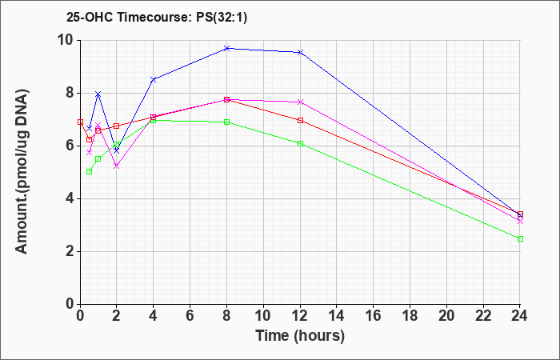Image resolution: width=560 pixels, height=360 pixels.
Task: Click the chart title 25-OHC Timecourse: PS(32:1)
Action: (x=157, y=18)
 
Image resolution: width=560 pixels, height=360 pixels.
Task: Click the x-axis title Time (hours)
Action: (x=300, y=336)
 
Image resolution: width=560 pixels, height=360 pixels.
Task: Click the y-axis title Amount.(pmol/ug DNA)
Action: (x=22, y=171)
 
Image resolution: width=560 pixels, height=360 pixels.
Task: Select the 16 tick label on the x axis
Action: (x=374, y=316)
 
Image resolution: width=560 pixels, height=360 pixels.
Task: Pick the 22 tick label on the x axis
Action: (x=483, y=316)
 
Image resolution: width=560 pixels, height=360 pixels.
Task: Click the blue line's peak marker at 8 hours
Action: (x=226, y=48)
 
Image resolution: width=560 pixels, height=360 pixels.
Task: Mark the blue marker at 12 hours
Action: (x=300, y=53)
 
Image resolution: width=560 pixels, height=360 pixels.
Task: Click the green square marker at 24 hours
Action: (x=520, y=238)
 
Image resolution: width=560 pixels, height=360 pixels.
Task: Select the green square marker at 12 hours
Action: (x=300, y=143)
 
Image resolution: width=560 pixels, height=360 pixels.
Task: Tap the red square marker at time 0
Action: (x=80, y=122)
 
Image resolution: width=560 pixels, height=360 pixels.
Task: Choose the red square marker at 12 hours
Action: (x=300, y=120)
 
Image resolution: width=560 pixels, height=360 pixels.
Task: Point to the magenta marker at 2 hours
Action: (x=117, y=166)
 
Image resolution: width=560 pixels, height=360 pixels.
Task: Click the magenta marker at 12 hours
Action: (x=300, y=102)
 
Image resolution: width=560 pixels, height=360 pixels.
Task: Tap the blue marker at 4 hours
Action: (x=154, y=80)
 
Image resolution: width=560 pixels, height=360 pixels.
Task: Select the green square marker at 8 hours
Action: (x=226, y=122)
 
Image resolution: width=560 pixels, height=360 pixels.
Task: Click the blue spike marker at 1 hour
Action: (x=98, y=94)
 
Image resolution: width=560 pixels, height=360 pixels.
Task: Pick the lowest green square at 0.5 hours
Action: (x=90, y=171)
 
